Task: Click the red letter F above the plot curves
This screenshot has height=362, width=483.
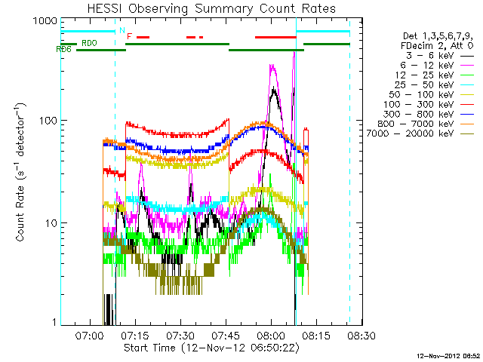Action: (x=130, y=36)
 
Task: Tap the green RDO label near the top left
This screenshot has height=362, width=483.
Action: (x=88, y=43)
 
